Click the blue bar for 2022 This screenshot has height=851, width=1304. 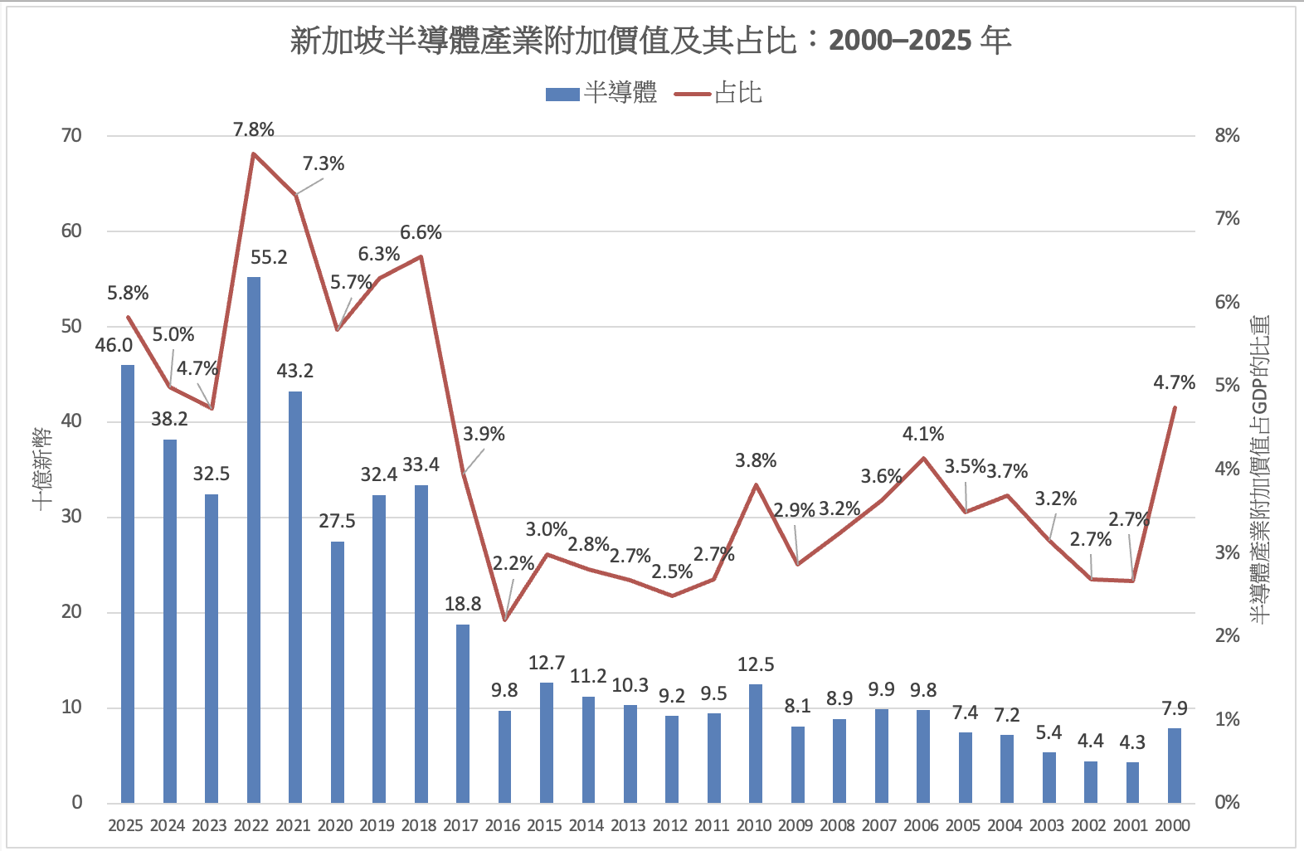254,539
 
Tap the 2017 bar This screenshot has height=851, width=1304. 463,713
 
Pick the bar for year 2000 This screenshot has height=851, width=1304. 1174,765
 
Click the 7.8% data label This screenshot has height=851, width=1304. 254,129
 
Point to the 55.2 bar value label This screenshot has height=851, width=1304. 269,258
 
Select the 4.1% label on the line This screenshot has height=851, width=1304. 923,435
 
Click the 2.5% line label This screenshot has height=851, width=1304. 672,572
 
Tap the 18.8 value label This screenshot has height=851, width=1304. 463,605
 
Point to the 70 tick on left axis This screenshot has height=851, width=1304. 72,136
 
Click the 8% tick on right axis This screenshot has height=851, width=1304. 1227,136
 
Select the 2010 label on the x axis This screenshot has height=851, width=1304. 754,825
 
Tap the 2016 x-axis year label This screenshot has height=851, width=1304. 503,825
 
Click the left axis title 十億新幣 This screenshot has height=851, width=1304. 43,469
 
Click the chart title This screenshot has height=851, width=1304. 651,40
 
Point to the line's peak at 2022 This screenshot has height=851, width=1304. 254,153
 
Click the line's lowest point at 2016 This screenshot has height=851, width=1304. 504,620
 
